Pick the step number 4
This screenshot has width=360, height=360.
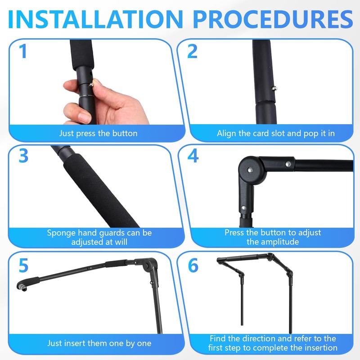(x=193, y=155)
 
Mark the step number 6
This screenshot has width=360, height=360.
(x=193, y=265)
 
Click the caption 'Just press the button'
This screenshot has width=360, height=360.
(x=98, y=133)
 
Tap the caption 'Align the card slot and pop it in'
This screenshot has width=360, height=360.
(x=275, y=133)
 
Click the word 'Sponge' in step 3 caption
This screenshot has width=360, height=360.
(x=62, y=233)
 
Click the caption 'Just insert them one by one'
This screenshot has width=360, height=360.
(x=99, y=343)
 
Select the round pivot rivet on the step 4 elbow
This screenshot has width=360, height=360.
(x=249, y=170)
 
